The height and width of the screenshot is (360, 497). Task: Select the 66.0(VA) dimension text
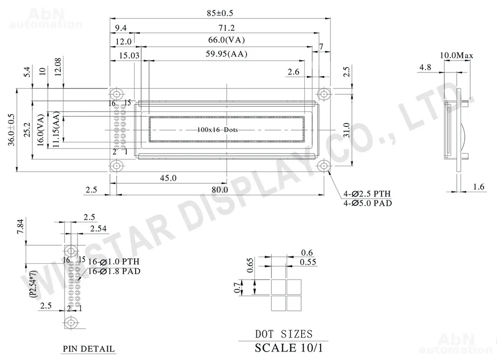coord(226,40)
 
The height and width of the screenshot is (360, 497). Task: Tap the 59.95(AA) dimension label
coord(226,54)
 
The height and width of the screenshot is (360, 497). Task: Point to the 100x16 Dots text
coord(218,130)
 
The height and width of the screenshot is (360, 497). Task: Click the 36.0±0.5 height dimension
coord(11,130)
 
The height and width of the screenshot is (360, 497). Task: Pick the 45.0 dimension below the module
coord(168,178)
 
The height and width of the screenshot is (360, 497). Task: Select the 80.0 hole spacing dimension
coord(220,190)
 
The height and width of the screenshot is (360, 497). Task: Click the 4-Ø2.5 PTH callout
coord(367,194)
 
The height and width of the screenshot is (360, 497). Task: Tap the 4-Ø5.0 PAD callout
coord(368,203)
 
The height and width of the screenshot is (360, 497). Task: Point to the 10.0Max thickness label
coord(456,56)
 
